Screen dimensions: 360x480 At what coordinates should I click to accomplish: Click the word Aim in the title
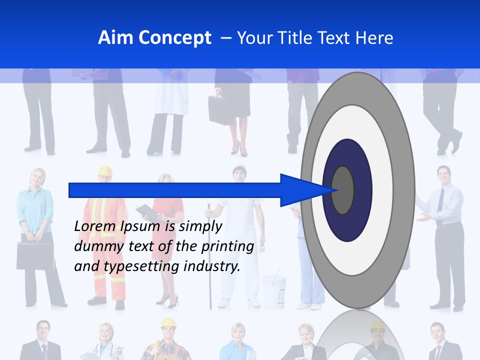click(x=115, y=38)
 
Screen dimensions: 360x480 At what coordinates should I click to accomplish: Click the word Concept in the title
click(x=174, y=38)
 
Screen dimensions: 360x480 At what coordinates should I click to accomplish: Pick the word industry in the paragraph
click(x=212, y=266)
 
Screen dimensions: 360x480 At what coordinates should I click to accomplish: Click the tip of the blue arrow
click(x=338, y=190)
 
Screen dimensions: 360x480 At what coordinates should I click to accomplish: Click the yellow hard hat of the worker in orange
click(x=105, y=171)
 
